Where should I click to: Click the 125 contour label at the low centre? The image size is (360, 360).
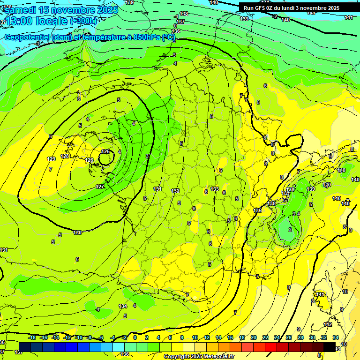pos(105,151)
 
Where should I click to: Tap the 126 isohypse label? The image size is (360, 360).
pos(89,160)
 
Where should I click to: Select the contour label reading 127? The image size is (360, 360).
pos(100,187)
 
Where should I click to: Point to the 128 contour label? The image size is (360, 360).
pos(65,156)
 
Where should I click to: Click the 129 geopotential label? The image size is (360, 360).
pos(51,159)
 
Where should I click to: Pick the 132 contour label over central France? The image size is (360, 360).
pos(175,191)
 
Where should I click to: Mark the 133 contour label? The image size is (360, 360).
pos(215,189)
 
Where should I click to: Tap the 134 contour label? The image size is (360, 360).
pos(123,306)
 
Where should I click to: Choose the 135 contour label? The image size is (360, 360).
pos(257,210)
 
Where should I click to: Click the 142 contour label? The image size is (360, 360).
pos(328,324)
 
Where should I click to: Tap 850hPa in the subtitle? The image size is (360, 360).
pos(144,37)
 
